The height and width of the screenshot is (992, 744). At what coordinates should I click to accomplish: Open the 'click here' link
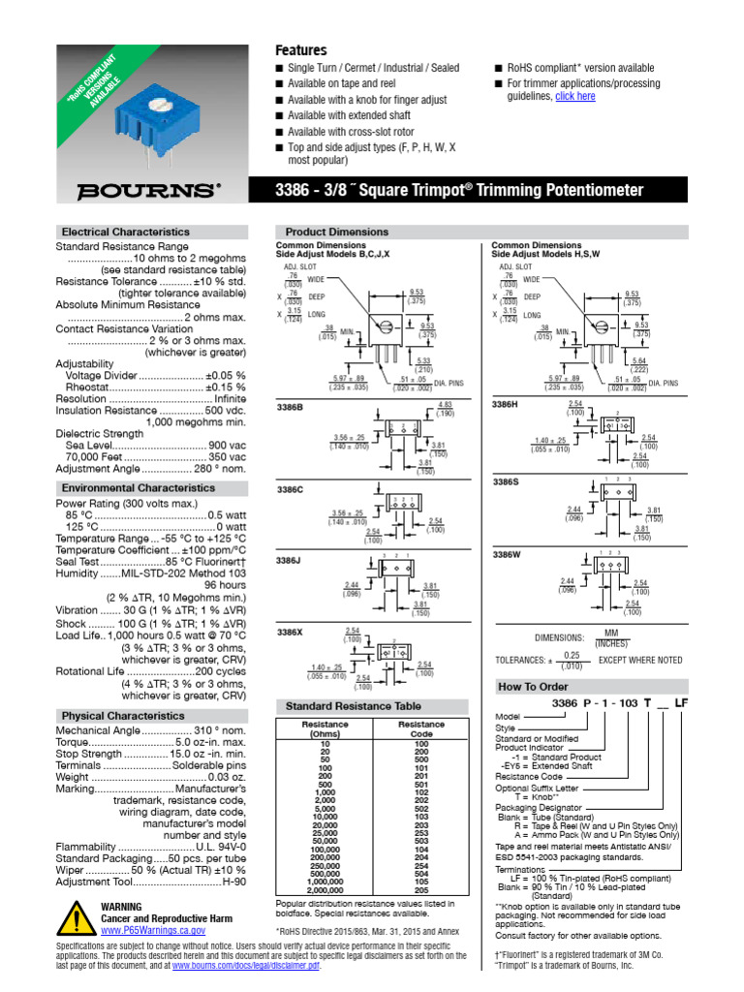coord(574,96)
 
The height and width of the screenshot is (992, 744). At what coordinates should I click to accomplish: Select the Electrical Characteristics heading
coord(125,232)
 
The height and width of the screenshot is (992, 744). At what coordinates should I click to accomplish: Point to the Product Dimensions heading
coord(336,232)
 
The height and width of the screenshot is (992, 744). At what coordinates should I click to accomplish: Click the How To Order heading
coord(529,687)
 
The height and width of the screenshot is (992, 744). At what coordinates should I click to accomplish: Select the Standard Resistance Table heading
coord(353,706)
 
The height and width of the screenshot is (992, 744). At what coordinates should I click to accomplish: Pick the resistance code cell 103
coord(420,817)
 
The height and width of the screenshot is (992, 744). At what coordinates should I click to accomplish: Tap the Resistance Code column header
coord(420,728)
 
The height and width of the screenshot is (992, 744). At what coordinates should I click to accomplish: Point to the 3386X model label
coord(291,632)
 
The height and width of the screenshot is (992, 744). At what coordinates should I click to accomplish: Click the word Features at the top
coord(301,49)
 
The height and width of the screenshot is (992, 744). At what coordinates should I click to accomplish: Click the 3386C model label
coord(291,490)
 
